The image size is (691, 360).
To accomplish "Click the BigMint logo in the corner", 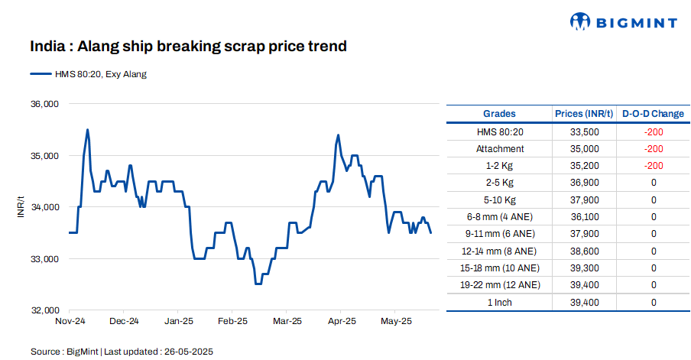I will tap(623, 22).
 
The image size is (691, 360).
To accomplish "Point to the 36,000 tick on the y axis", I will tap(44, 104).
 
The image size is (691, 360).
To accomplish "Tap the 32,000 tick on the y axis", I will tap(44, 310).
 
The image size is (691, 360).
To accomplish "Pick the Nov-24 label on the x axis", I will tap(70, 321).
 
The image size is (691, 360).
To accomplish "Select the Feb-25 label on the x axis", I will tap(232, 321).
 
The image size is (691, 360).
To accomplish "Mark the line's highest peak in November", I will tap(88, 130).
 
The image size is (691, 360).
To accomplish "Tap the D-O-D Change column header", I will tap(653, 114).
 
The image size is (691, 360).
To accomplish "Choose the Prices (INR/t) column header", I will tap(585, 114).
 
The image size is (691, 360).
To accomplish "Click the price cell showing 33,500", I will tap(585, 132).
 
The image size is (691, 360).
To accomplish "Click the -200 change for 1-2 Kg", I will tap(653, 166).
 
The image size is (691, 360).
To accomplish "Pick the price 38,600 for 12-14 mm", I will tap(585, 251).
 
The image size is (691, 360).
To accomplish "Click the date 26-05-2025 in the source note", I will tap(188, 352).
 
